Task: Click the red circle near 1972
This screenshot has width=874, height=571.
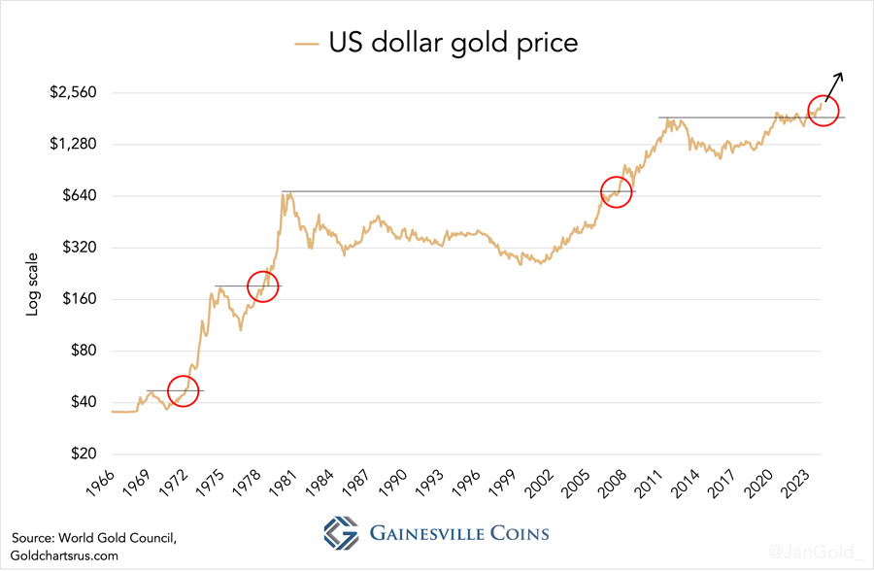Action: pyautogui.click(x=183, y=391)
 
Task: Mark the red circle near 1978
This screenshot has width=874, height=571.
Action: pyautogui.click(x=263, y=285)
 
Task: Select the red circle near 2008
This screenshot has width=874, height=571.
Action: pyautogui.click(x=617, y=191)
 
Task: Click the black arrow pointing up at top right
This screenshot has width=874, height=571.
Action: pyautogui.click(x=834, y=86)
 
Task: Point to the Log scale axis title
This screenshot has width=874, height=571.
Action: pyautogui.click(x=32, y=285)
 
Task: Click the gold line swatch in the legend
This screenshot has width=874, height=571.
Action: pyautogui.click(x=307, y=43)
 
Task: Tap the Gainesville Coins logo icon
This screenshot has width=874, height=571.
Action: pyautogui.click(x=342, y=533)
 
